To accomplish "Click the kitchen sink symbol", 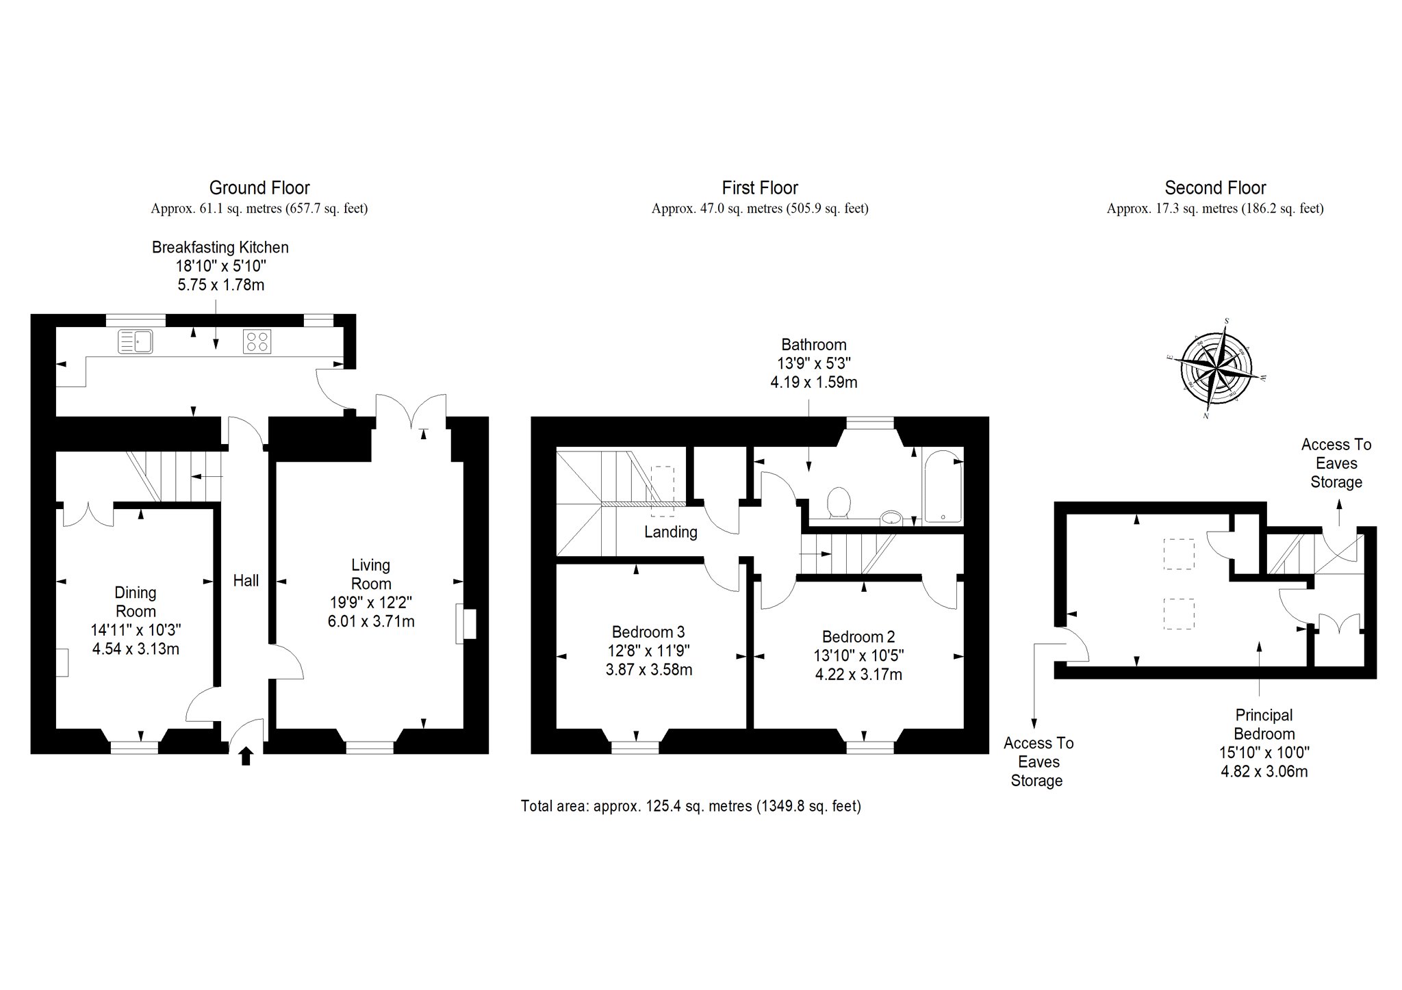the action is (x=135, y=341).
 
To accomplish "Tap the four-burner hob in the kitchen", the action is (x=257, y=341).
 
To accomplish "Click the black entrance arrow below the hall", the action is (x=246, y=756).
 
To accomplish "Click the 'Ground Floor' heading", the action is (x=259, y=187).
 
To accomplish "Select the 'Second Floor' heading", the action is (x=1215, y=187).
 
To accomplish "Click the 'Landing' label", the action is (x=671, y=532).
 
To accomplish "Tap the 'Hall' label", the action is (x=246, y=580).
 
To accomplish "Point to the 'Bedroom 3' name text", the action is (x=648, y=631).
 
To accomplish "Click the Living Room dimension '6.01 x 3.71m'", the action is (x=371, y=621).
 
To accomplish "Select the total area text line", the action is (x=691, y=806).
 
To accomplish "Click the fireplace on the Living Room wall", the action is (x=466, y=623).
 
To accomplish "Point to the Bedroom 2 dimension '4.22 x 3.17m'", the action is (x=858, y=675).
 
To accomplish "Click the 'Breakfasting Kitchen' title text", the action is (x=220, y=247).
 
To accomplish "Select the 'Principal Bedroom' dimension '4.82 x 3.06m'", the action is (x=1264, y=772).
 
